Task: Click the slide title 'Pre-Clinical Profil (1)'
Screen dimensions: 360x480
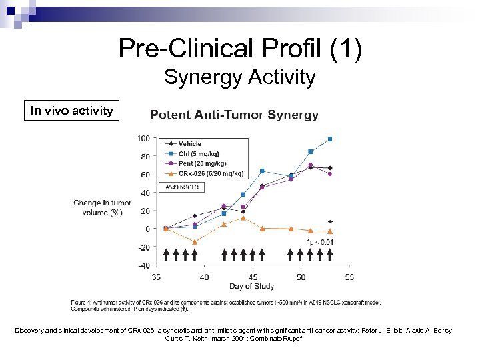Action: click(x=240, y=49)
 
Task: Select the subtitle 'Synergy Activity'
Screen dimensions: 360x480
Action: click(x=240, y=77)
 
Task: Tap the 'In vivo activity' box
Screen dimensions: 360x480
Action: click(x=72, y=111)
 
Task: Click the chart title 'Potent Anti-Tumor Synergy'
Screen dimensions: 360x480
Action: click(x=234, y=115)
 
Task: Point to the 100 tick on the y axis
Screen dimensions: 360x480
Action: click(x=143, y=139)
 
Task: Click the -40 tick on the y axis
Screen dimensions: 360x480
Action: click(x=143, y=265)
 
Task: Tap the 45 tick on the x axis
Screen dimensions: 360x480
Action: click(x=252, y=277)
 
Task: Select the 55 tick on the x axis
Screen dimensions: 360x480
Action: click(x=349, y=277)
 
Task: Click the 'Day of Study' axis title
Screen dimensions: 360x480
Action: click(x=251, y=287)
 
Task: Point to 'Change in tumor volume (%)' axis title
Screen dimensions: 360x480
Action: click(x=102, y=207)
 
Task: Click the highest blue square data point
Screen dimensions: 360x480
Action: click(x=330, y=139)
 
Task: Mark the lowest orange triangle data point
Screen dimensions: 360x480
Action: click(x=195, y=242)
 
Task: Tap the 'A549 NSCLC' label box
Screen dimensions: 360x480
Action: click(x=179, y=188)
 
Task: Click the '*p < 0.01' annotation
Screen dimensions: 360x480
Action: click(x=320, y=241)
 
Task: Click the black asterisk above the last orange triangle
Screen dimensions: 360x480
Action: click(x=330, y=223)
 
